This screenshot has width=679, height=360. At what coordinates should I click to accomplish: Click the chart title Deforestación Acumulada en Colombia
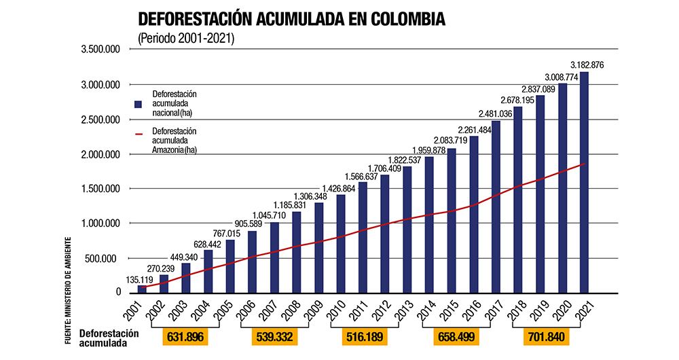point(291,18)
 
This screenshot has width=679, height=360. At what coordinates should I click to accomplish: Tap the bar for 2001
point(142,289)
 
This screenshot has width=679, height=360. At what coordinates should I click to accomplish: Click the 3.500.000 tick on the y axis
point(100,50)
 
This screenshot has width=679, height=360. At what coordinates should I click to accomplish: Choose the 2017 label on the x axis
point(491,311)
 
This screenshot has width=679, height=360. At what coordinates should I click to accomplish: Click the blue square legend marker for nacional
point(138,104)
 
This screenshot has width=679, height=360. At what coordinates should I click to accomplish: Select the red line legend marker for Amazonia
point(139,134)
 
